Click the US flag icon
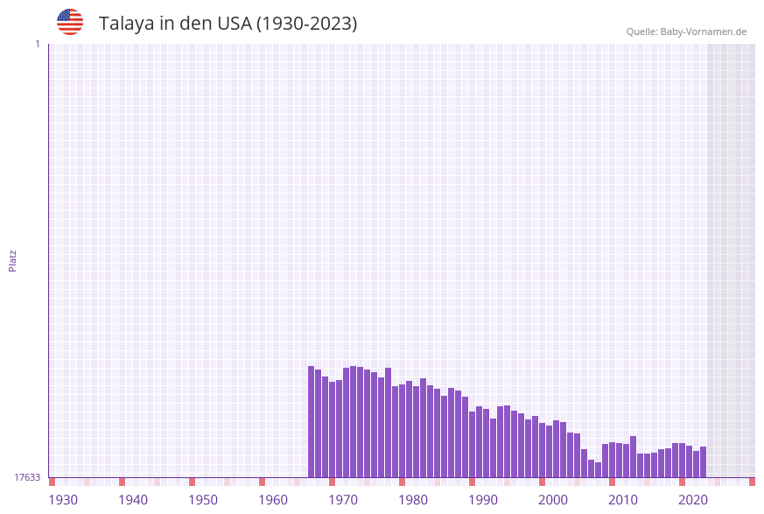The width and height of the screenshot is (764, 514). click(70, 22)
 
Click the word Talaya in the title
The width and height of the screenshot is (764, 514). click(126, 24)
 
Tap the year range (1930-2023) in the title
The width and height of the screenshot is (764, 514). click(306, 24)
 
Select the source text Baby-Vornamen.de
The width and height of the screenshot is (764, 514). click(704, 32)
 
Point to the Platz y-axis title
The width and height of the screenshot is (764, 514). click(13, 261)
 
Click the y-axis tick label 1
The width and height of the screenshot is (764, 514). click(37, 44)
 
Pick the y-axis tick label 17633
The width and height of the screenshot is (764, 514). click(27, 477)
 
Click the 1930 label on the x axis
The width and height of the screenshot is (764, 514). click(63, 500)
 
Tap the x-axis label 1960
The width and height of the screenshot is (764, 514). click(273, 500)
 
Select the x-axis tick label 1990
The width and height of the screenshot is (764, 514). click(483, 500)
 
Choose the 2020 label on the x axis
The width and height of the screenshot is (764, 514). click(693, 500)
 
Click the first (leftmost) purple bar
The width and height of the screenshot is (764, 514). click(312, 421)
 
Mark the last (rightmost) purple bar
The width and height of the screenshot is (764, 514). click(703, 461)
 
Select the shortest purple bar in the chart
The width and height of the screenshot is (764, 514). click(599, 469)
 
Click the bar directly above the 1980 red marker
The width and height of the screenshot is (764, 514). click(403, 431)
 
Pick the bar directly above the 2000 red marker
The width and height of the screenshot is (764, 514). click(543, 450)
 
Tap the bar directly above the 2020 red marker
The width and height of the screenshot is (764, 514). click(683, 460)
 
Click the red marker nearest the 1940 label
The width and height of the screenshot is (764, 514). click(123, 482)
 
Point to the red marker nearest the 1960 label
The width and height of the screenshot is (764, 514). click(263, 482)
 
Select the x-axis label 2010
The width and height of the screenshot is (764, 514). click(623, 500)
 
